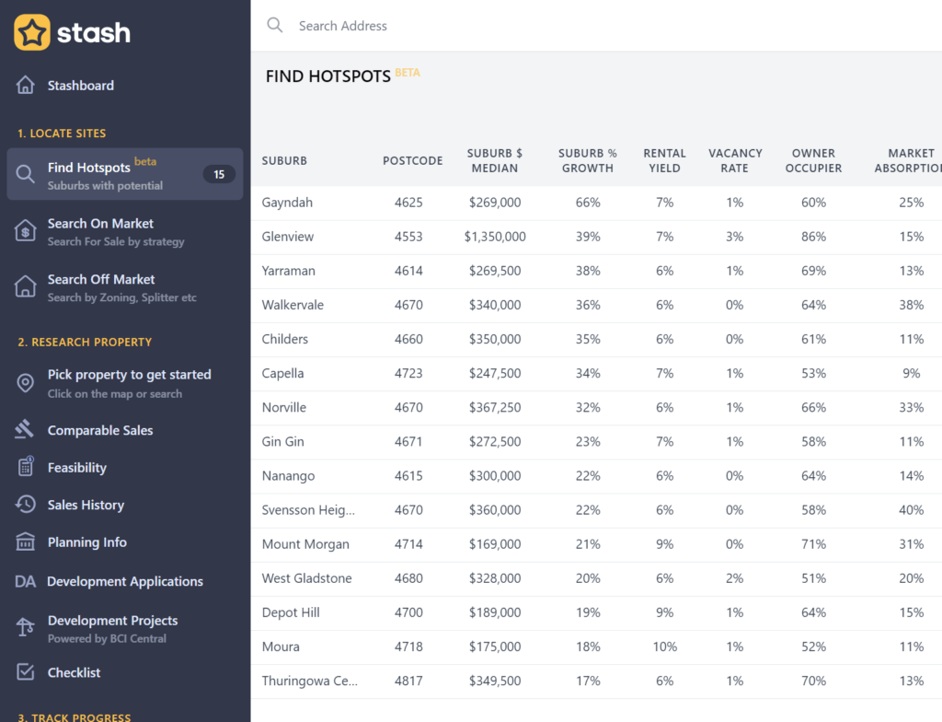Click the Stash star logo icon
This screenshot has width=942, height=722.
tap(32, 32)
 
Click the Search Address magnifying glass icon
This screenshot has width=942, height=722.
tap(274, 25)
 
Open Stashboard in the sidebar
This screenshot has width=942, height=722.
tap(81, 86)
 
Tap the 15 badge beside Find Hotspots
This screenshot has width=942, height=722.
tap(219, 174)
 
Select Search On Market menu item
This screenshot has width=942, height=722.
tap(100, 224)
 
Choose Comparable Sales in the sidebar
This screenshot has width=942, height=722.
tap(100, 430)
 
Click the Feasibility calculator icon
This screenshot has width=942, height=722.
tap(26, 467)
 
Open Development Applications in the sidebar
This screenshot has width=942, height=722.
tap(125, 581)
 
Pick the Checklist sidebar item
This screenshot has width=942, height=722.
tap(74, 672)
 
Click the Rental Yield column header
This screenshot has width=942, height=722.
tap(664, 160)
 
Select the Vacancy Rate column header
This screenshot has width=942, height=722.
tap(735, 160)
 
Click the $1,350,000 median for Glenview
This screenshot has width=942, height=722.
tap(495, 237)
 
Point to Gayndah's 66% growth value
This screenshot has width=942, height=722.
tap(588, 203)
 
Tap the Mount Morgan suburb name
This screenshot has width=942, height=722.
tap(305, 544)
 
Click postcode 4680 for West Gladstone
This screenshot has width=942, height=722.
tap(408, 578)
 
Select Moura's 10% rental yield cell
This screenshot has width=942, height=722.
tap(664, 646)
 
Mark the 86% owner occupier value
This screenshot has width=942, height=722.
tap(813, 237)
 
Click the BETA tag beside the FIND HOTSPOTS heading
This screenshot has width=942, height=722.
tap(408, 72)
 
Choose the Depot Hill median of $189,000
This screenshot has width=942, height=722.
tap(495, 612)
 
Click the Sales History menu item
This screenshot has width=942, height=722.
tap(86, 505)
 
